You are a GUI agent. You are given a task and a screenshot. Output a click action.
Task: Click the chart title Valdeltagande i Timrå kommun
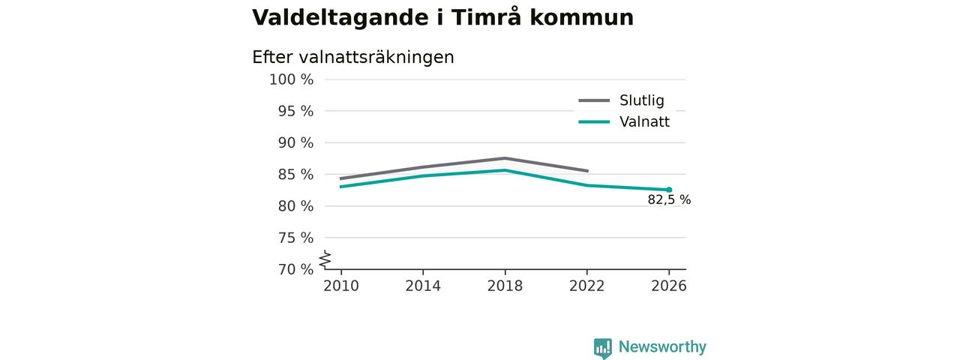[x=442, y=18]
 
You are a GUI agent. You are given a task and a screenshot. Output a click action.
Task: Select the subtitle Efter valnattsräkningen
[x=353, y=58]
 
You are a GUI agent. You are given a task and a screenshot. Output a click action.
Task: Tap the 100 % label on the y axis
[x=292, y=79]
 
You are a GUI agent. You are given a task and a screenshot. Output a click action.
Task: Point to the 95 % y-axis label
[x=295, y=112]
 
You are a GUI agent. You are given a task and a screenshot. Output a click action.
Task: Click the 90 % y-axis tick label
[x=295, y=142]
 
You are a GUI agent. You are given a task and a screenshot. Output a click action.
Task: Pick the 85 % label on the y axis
[x=295, y=175]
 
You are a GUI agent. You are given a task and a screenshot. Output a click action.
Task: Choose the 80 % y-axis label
[x=295, y=206]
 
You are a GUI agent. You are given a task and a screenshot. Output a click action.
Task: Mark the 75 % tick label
[x=295, y=238]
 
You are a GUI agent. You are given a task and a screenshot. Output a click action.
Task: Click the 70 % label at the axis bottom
[x=295, y=269]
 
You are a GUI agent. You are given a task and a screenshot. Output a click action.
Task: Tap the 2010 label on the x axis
[x=341, y=286]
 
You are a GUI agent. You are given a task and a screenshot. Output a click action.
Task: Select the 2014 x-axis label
[x=423, y=286]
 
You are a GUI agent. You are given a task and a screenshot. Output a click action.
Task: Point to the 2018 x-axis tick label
[x=505, y=286]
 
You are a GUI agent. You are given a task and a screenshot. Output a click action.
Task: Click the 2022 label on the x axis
[x=586, y=286]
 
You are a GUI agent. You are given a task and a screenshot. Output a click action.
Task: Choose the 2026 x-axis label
[x=668, y=286]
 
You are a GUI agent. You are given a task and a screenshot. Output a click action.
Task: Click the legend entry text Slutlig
[x=641, y=100]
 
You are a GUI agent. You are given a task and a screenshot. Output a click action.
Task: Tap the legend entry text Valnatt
[x=644, y=121]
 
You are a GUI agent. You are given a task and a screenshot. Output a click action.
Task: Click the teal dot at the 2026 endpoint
[x=669, y=190]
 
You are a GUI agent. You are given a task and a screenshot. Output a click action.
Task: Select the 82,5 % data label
[x=669, y=199]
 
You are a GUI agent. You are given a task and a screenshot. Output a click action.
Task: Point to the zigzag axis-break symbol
[x=325, y=259]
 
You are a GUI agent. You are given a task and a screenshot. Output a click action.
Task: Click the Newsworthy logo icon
[x=602, y=348]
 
